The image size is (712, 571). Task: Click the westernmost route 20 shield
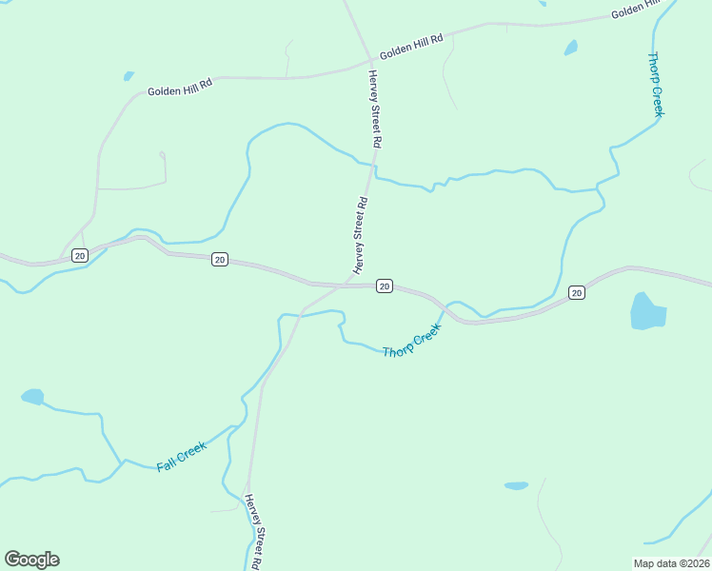click(x=79, y=255)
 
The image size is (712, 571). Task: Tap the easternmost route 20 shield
click(x=576, y=292)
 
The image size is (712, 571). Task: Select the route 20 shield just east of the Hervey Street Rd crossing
click(x=384, y=285)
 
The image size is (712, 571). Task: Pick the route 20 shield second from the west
click(x=220, y=259)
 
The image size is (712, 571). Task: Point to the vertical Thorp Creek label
click(x=656, y=84)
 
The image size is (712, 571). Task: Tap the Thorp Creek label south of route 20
click(x=412, y=340)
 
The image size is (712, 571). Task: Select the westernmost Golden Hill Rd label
click(x=179, y=89)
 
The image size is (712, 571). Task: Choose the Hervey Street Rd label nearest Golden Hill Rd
click(x=374, y=108)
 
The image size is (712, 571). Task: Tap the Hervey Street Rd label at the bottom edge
click(x=254, y=533)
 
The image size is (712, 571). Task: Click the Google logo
click(x=31, y=560)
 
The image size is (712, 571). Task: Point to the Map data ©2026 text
click(x=671, y=563)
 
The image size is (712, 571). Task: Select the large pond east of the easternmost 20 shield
click(x=647, y=311)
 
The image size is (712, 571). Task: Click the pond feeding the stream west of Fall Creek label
click(x=32, y=396)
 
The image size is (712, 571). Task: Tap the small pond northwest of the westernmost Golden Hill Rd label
click(x=128, y=76)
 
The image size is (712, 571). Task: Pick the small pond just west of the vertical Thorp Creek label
click(x=570, y=47)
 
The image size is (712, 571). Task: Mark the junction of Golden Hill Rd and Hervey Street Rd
click(x=369, y=63)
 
